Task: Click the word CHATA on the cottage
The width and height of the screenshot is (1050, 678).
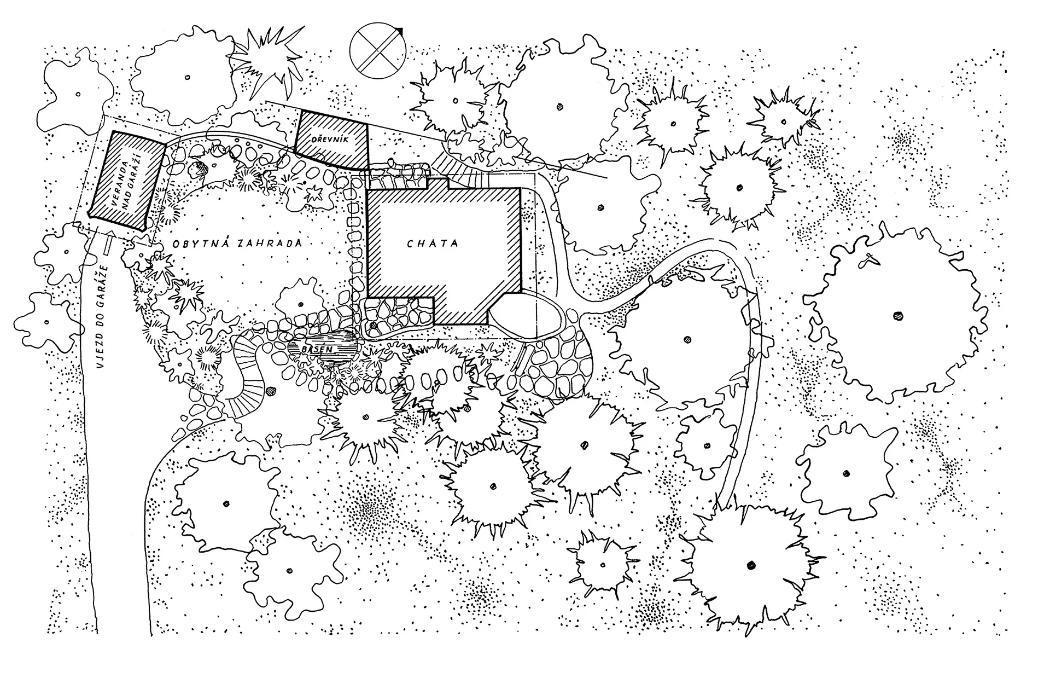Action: tap(432, 244)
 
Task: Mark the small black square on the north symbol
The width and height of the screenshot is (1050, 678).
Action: tap(400, 31)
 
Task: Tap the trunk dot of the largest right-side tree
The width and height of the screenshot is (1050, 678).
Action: tap(897, 316)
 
